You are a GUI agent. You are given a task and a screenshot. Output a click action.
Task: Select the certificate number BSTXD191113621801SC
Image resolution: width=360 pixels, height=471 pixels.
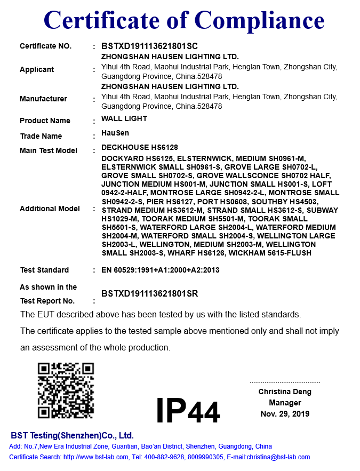pos(149,46)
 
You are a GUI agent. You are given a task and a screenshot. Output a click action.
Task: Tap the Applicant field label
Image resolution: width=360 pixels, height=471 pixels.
pos(37,69)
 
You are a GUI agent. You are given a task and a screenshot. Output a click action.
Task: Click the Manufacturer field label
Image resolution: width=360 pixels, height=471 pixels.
pos(43,99)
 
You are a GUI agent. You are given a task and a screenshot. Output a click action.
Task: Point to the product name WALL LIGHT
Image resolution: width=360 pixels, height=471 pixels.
pos(124,118)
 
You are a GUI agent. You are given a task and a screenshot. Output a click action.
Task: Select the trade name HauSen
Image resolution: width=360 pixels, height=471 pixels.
pos(115,133)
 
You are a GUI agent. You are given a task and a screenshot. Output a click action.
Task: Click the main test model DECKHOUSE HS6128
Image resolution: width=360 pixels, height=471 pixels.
pos(140,147)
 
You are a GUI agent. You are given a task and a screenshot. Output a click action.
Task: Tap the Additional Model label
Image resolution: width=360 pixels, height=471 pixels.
pos(50,209)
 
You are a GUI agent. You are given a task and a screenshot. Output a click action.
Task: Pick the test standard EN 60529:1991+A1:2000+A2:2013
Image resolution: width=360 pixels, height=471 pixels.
pos(160,270)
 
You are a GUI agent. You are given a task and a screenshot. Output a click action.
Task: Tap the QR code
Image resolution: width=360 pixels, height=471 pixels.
pos(66,390)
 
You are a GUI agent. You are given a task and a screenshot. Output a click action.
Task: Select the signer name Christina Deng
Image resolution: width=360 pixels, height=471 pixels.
pos(285,392)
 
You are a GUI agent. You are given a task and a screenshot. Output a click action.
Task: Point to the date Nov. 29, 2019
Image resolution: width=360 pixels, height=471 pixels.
pos(285,414)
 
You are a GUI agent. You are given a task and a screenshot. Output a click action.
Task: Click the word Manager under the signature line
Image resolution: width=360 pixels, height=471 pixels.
pos(285,403)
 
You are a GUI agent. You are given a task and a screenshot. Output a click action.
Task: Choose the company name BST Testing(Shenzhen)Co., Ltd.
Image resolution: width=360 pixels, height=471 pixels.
pos(73,435)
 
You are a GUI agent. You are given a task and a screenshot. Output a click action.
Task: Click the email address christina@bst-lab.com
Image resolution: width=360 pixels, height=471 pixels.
pos(277,457)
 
